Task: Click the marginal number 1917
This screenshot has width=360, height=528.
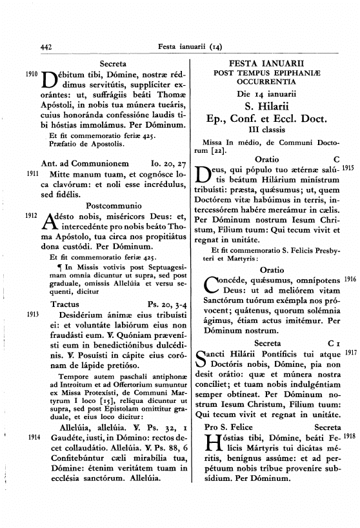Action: (x=350, y=353)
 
